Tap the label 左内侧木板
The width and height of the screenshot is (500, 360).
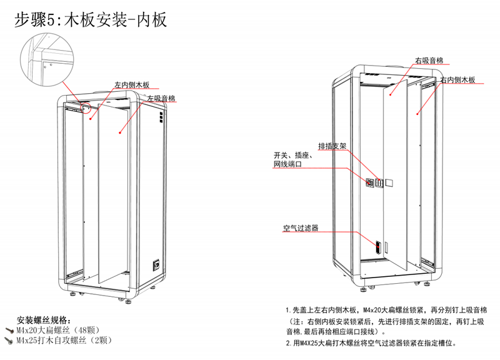132,85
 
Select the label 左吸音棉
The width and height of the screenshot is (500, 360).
161,99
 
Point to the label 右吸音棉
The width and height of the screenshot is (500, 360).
429,61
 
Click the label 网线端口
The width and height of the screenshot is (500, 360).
288,164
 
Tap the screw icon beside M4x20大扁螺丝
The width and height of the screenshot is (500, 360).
9,329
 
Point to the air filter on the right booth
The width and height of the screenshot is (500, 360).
377,245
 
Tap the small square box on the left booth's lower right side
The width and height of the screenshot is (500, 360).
157,264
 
